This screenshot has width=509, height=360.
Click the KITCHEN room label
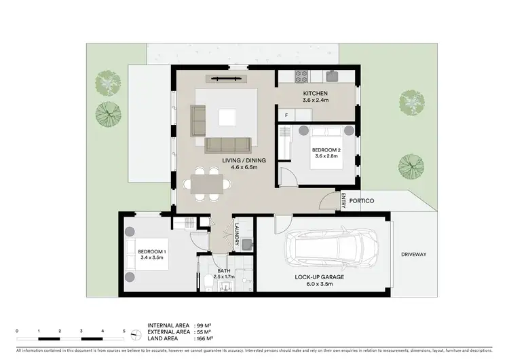(x=316, y=93)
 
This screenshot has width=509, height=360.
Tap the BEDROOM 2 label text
(x=326, y=149)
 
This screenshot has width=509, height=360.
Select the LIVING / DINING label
(x=244, y=161)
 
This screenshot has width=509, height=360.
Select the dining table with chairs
(x=204, y=185)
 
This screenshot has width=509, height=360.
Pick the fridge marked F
(x=287, y=115)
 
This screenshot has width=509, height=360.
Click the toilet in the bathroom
(x=207, y=282)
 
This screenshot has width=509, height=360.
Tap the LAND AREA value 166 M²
(x=205, y=338)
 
